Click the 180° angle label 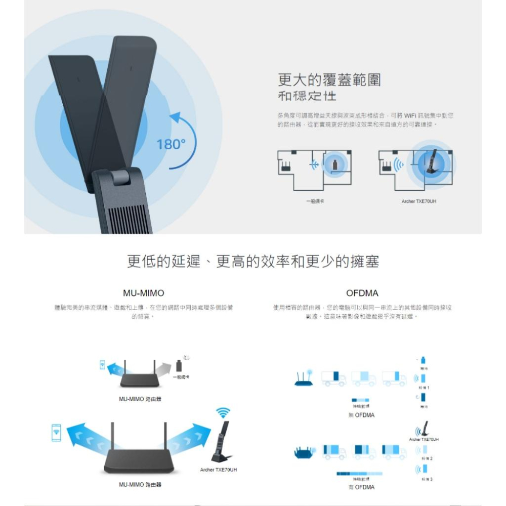point(172,145)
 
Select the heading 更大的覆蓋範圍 point(329,79)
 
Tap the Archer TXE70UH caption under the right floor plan point(418,201)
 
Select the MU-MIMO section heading point(144,293)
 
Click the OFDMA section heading point(362,293)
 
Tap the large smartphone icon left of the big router point(56,433)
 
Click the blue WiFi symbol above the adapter point(223,412)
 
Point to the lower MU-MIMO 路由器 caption point(140,485)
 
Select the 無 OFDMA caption point(361,415)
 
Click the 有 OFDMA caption point(361,487)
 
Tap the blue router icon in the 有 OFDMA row point(304,451)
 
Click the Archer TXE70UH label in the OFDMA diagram point(424,439)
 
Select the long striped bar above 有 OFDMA point(359,474)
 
